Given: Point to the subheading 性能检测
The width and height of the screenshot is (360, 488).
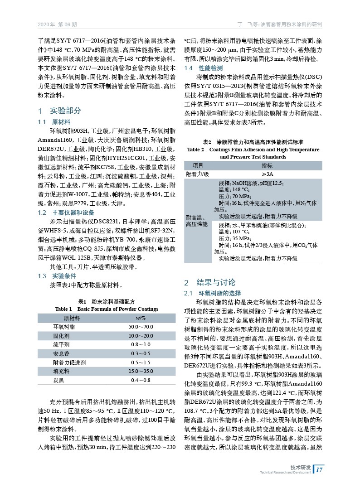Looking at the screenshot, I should tap(208, 68).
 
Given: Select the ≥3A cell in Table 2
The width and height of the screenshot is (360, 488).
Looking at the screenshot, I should tap(267, 174).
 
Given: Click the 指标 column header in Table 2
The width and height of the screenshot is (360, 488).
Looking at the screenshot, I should tap(267, 165).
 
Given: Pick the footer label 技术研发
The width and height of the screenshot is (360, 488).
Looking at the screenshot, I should tap(301, 467).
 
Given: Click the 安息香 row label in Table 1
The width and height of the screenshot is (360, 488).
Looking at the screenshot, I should tap(61, 353).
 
